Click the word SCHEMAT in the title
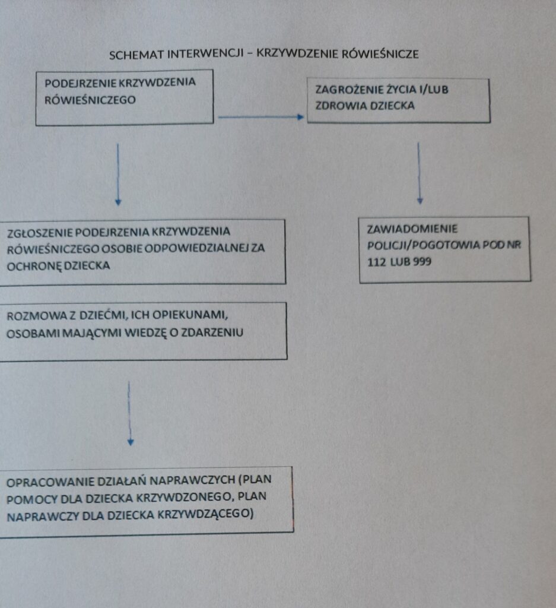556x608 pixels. point(136,55)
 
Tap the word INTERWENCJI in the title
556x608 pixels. point(205,54)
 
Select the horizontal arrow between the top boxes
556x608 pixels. point(260,117)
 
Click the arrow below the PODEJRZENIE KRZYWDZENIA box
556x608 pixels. point(118,174)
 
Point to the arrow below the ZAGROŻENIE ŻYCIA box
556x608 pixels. point(420,173)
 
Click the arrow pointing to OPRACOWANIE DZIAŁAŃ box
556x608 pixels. point(130,413)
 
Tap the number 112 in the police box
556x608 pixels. point(376,262)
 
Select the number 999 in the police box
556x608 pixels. point(422,262)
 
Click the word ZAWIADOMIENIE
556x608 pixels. point(412,229)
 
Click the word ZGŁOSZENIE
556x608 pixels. point(39,233)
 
